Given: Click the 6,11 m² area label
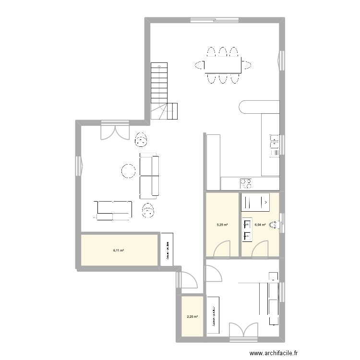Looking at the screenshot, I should click(x=119, y=250).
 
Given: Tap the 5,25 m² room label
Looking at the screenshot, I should click(x=222, y=224).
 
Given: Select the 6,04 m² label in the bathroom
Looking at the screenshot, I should click(x=260, y=224).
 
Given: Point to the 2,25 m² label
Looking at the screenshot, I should click(x=192, y=316).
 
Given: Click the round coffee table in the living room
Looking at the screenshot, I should click(x=129, y=171).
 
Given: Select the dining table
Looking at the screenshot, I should click(x=222, y=65).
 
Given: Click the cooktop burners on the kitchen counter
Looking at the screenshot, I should click(x=247, y=183).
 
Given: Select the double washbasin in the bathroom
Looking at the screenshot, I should click(x=248, y=229).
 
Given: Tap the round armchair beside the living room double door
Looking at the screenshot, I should click(x=141, y=140).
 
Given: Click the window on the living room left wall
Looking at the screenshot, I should click(x=79, y=166).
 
